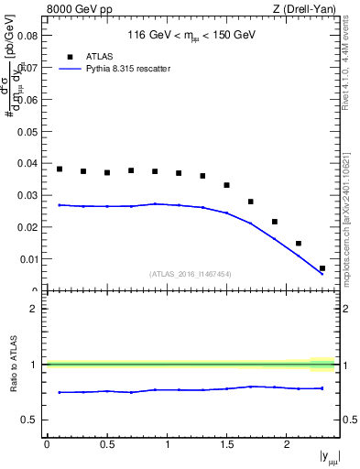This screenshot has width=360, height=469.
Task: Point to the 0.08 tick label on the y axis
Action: pos(28,37)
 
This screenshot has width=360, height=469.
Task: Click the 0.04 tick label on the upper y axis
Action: pos(28,164)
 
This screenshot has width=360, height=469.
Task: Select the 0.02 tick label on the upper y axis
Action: pos(28,227)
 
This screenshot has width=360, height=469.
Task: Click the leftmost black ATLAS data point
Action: pos(60,169)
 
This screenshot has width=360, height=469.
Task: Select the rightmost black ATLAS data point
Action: pos(322,268)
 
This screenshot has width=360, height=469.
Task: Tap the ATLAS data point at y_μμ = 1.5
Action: pos(227,185)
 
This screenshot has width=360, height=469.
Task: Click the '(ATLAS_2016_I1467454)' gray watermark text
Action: pos(191,274)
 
